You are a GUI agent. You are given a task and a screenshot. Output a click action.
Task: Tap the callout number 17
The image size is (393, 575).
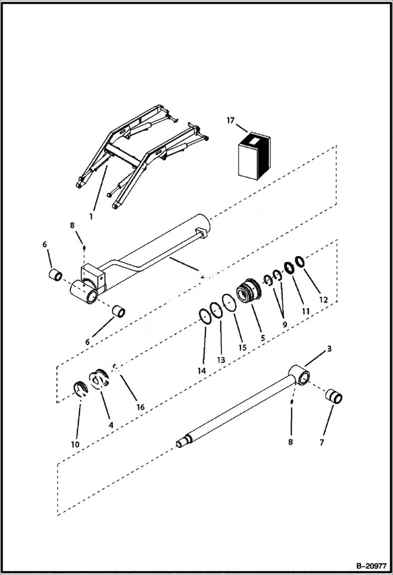pyautogui.click(x=230, y=121)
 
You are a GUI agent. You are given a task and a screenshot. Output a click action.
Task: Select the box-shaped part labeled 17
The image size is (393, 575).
pyautogui.click(x=253, y=155)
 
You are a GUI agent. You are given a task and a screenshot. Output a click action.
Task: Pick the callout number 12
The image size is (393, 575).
pyautogui.click(x=323, y=300)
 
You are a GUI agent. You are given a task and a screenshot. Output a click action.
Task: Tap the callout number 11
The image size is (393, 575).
pyautogui.click(x=305, y=311)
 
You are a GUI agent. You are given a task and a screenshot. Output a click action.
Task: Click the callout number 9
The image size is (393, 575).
pyautogui.click(x=284, y=324)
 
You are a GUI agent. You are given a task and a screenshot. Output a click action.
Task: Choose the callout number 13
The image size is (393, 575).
pyautogui.click(x=221, y=360)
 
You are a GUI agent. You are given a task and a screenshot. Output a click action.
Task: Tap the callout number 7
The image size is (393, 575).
pyautogui.click(x=322, y=442)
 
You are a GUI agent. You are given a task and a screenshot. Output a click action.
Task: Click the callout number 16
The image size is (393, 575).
pyautogui.click(x=140, y=407)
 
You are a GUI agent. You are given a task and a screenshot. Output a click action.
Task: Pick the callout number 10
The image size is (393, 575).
pyautogui.click(x=75, y=444)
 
